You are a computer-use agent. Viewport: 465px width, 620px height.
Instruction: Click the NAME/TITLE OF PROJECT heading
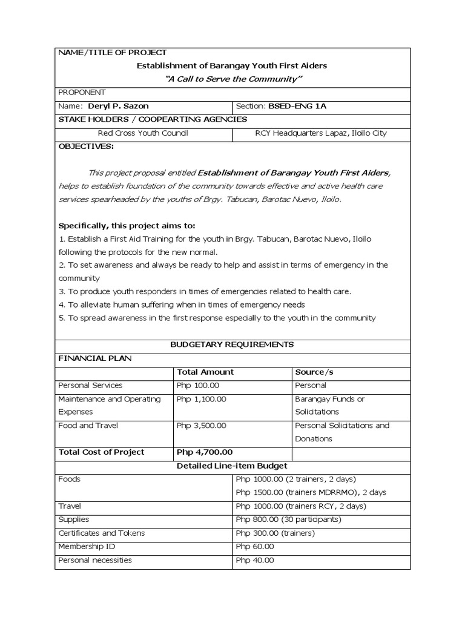pyautogui.click(x=112, y=53)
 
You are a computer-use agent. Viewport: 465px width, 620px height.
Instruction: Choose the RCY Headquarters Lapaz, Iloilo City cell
pyautogui.click(x=322, y=133)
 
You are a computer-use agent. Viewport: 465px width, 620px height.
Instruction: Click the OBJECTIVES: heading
pyautogui.click(x=85, y=147)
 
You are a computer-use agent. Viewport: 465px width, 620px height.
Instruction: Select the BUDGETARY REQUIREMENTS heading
pyautogui.click(x=233, y=344)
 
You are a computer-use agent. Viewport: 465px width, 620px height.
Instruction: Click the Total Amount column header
pyautogui.click(x=205, y=372)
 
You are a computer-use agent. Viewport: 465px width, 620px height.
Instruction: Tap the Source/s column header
pyautogui.click(x=314, y=372)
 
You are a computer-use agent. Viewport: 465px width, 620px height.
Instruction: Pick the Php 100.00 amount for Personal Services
pyautogui.click(x=197, y=385)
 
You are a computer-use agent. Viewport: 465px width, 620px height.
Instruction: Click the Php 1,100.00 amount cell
pyautogui.click(x=201, y=399)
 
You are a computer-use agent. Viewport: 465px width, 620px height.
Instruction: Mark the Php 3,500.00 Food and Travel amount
pyautogui.click(x=201, y=426)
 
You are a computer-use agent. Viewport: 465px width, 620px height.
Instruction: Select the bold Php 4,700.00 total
pyautogui.click(x=204, y=452)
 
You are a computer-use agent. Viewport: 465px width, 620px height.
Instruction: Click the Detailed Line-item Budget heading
pyautogui.click(x=232, y=466)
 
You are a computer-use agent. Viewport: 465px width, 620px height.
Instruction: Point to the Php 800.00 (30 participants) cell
pyautogui.click(x=288, y=519)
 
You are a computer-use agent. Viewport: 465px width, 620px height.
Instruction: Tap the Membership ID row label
pyautogui.click(x=87, y=546)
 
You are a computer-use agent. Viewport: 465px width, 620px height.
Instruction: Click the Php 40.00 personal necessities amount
pyautogui.click(x=254, y=560)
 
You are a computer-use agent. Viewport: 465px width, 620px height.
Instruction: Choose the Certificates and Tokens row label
pyautogui.click(x=101, y=533)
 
